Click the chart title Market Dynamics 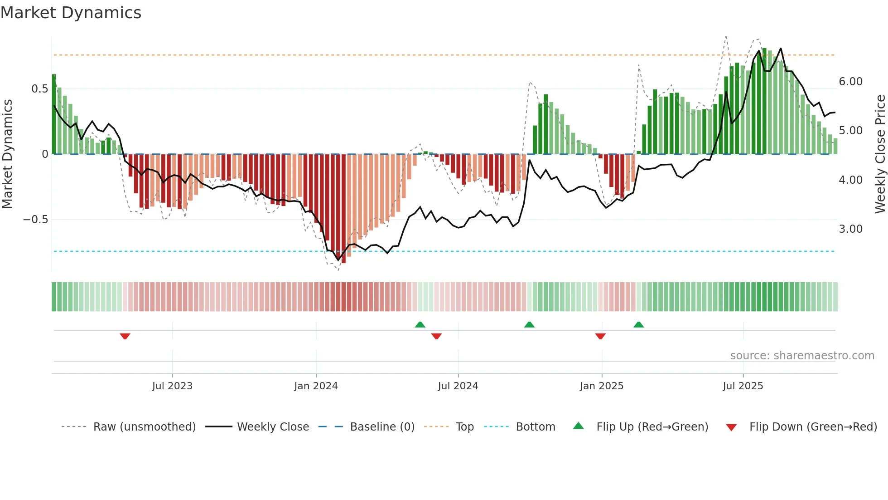[x=71, y=13]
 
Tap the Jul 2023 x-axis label [x=172, y=386]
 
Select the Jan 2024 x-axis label [x=316, y=386]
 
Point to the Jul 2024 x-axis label [x=458, y=386]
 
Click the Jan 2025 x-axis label [x=601, y=386]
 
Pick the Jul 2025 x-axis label [x=743, y=386]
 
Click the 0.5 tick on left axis [x=39, y=89]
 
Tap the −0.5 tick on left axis [x=35, y=220]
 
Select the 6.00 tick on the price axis [x=850, y=82]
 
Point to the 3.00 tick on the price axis [x=850, y=229]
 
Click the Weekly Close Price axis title [x=880, y=154]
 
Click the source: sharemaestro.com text [x=802, y=356]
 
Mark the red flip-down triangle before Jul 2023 [x=125, y=336]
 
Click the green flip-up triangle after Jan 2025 [x=638, y=324]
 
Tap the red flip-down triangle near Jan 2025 [x=600, y=336]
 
